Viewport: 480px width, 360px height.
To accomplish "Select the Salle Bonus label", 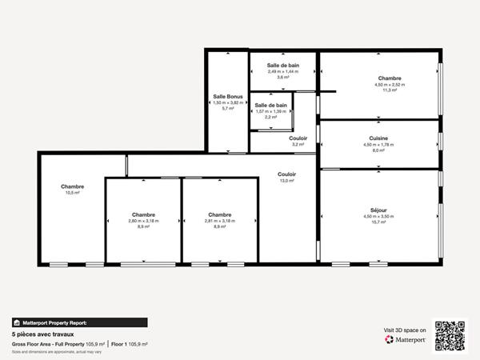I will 227,97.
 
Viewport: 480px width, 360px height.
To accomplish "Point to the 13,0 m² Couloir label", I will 286,174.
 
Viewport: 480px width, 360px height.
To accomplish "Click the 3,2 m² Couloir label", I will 298,138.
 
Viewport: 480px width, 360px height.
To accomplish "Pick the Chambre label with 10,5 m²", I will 72,186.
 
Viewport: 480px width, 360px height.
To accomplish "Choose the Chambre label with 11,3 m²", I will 390,78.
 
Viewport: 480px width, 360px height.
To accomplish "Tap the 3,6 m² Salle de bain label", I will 283,65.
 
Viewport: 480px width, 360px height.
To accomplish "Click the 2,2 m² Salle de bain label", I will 271,106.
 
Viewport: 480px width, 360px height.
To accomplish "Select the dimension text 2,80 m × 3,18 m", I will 143,221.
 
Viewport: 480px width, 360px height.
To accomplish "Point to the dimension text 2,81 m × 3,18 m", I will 220,221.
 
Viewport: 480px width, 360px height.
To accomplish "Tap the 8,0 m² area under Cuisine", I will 379,150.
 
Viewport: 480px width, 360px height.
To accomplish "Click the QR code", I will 450,335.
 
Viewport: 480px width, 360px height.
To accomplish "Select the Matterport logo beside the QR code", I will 405,339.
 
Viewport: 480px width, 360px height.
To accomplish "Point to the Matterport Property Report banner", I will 55,322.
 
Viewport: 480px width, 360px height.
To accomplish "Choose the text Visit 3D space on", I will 405,329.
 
